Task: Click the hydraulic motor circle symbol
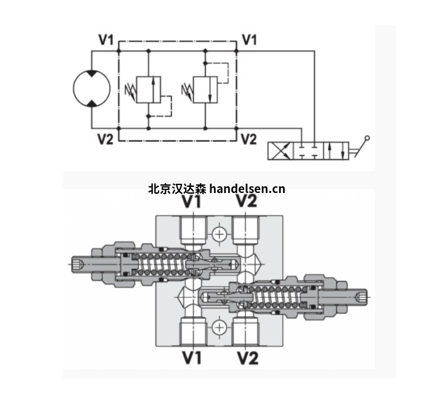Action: click(x=91, y=88)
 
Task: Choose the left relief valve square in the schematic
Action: click(x=149, y=89)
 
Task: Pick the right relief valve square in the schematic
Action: click(x=205, y=89)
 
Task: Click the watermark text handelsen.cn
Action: click(x=247, y=189)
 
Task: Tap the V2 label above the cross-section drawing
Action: click(x=246, y=202)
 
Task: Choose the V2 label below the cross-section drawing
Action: click(x=246, y=357)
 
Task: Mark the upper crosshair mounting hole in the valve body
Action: click(x=218, y=233)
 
